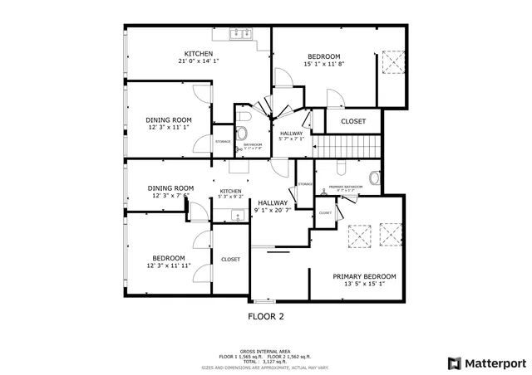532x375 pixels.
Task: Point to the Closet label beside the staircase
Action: click(353, 121)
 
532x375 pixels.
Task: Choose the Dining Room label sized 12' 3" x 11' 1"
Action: click(170, 124)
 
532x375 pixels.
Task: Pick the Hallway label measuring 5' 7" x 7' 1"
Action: click(292, 136)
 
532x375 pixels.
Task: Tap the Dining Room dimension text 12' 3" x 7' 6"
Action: click(170, 196)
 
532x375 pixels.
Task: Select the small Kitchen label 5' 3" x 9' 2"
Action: click(230, 194)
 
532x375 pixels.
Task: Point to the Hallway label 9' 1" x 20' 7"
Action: click(273, 207)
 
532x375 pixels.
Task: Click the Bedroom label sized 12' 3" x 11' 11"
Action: click(170, 261)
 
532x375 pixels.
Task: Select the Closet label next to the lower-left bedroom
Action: click(230, 259)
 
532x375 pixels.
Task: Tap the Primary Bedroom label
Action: click(364, 280)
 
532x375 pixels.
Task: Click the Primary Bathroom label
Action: click(345, 187)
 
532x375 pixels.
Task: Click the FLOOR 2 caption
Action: click(266, 316)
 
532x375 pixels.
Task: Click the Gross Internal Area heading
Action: click(265, 351)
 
